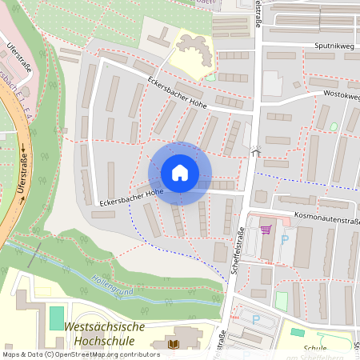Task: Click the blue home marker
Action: pos(180,173)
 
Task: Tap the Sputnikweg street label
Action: pos(334,46)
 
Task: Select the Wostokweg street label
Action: pos(341,94)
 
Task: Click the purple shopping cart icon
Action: pos(266,230)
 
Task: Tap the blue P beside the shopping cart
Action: pos(284,238)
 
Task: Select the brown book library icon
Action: pos(174,345)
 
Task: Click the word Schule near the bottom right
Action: pos(315,349)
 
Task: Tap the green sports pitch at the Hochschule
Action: pos(56,318)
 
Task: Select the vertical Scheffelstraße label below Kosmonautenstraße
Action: pos(237,250)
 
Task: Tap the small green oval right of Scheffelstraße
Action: pos(334,126)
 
